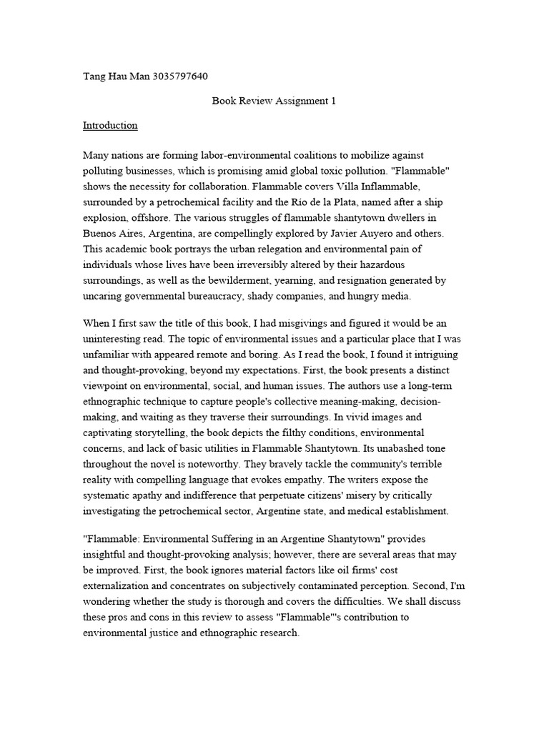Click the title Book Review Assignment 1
(x=274, y=101)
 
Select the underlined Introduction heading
(x=110, y=125)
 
